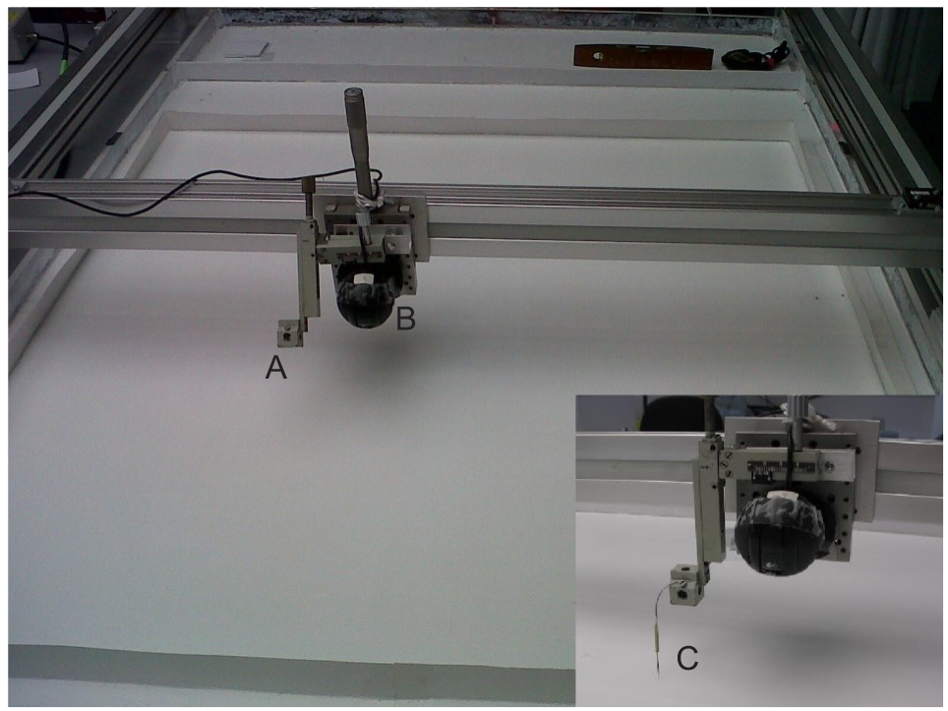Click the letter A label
click(x=275, y=367)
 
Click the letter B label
click(x=406, y=319)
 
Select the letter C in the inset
click(x=687, y=658)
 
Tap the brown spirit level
click(x=643, y=57)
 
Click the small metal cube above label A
click(x=289, y=333)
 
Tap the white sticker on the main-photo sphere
click(x=365, y=277)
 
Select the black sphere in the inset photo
click(x=778, y=533)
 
